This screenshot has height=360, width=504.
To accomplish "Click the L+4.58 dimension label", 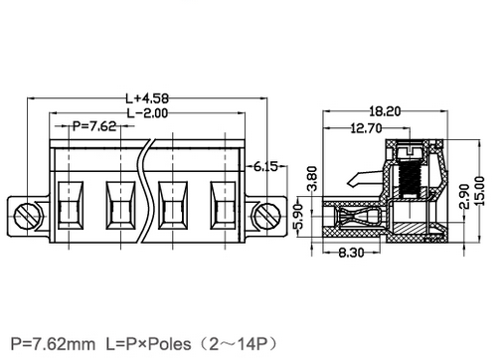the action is [x=147, y=98].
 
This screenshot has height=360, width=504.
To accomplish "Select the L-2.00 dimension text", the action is [x=148, y=113].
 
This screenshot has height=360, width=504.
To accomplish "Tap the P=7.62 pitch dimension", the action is [x=94, y=126].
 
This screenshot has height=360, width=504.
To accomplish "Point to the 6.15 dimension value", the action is [x=265, y=166].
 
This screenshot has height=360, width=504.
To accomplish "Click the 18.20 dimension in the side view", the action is [x=385, y=111].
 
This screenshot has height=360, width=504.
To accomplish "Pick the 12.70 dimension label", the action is [x=366, y=128].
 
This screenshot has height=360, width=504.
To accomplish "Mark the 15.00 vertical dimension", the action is [x=480, y=191].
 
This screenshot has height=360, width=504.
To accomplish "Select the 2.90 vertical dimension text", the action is [x=465, y=196].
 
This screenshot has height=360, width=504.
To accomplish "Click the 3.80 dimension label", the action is [x=312, y=179].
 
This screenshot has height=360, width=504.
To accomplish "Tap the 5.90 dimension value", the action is [x=298, y=217].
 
